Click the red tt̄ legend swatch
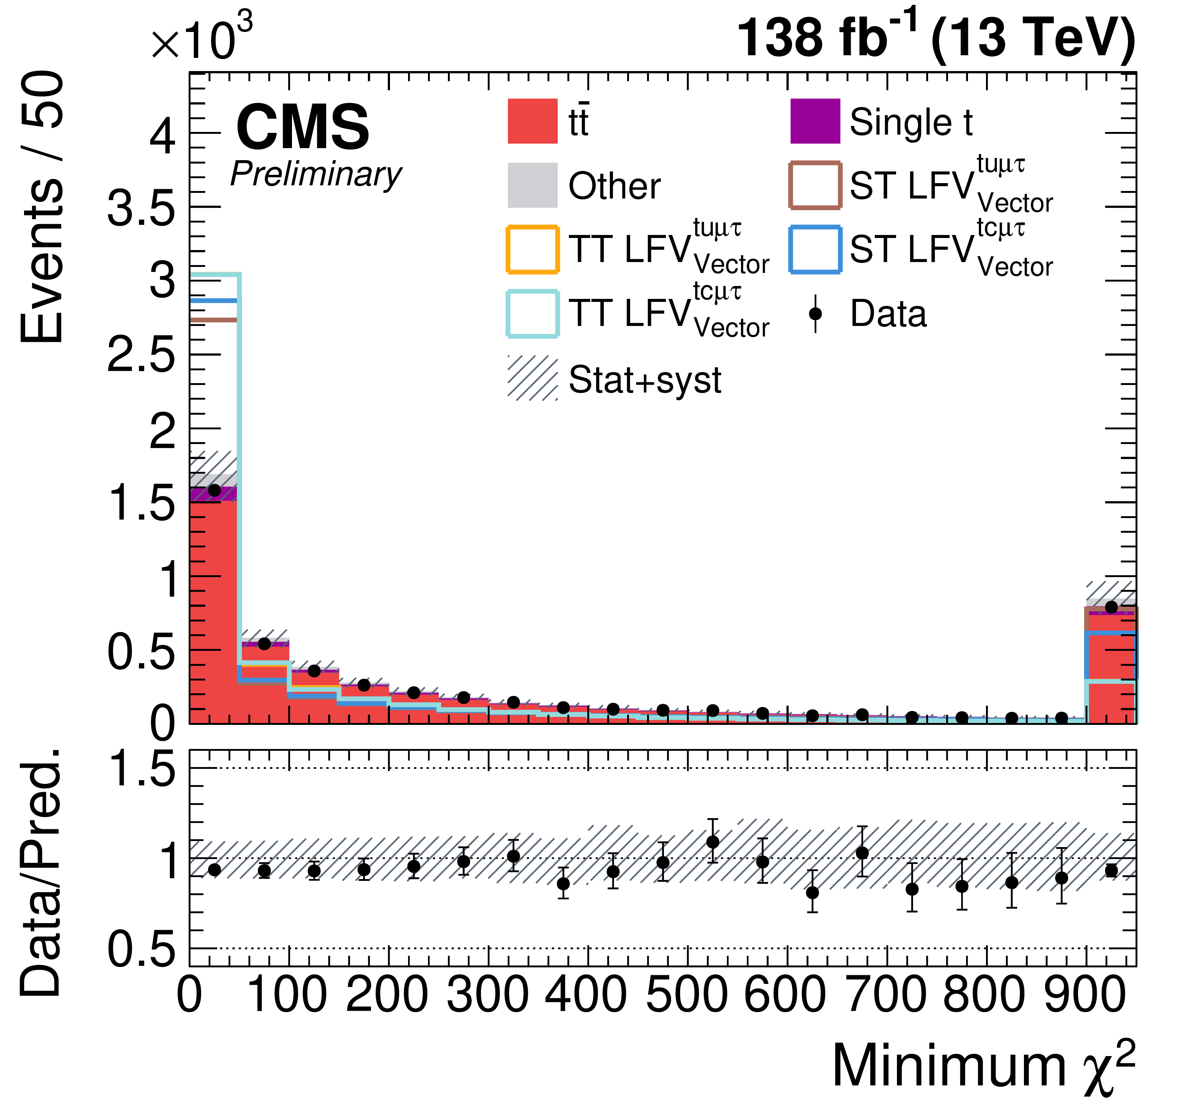point(532,121)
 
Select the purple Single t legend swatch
point(815,121)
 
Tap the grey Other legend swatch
point(532,185)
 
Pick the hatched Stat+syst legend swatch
point(532,378)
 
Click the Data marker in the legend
point(815,314)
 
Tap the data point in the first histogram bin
point(214,491)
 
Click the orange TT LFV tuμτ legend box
point(532,249)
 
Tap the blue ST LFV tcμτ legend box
point(815,249)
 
